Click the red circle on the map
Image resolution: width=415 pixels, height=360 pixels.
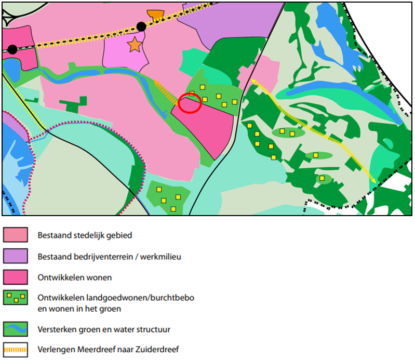(x=190, y=103)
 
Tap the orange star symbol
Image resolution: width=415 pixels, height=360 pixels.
(x=135, y=45)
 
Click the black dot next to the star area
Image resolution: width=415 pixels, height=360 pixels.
(x=141, y=26)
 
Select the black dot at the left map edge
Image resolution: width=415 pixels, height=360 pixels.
(x=12, y=49)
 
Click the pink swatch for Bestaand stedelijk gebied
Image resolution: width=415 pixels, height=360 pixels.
(x=15, y=235)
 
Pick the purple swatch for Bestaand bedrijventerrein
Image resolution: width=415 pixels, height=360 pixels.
(x=15, y=256)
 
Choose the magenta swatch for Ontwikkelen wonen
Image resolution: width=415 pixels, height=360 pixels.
(x=15, y=277)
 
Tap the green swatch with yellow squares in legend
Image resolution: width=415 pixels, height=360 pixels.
(x=15, y=298)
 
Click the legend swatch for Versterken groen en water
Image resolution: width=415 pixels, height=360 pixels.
(x=15, y=329)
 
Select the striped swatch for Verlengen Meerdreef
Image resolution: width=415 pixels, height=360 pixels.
(x=15, y=349)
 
